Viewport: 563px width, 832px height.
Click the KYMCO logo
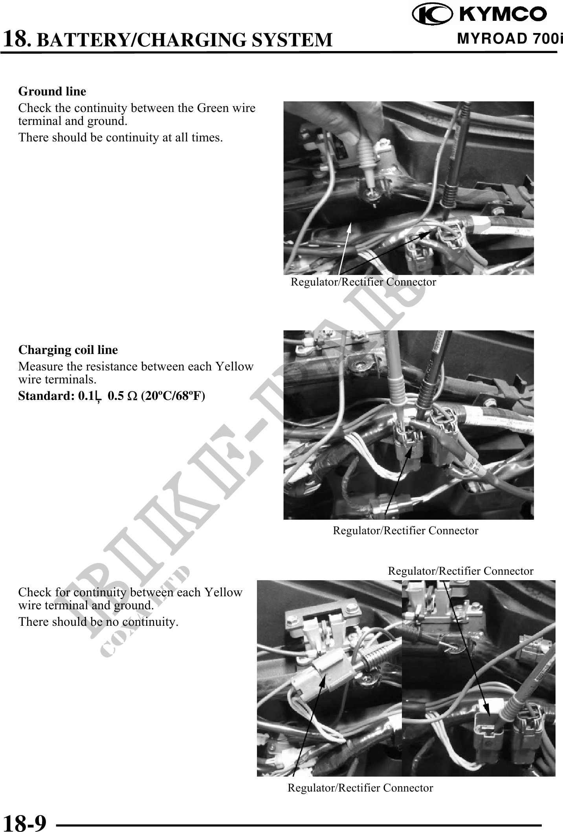tap(479, 14)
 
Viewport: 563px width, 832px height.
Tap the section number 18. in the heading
tap(17, 38)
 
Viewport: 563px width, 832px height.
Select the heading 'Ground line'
tap(52, 92)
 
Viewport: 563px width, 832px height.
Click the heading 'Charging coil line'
tap(68, 350)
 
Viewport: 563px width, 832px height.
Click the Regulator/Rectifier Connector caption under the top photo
tap(363, 282)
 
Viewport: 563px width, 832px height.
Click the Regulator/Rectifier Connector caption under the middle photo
tap(405, 531)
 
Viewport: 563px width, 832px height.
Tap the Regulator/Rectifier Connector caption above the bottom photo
tap(460, 571)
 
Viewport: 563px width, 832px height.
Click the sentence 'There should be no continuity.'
tap(98, 622)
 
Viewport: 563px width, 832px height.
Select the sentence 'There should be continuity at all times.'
tap(121, 137)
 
